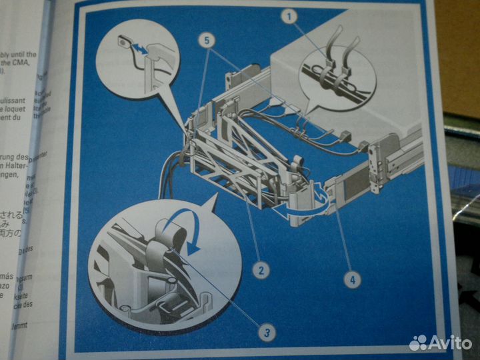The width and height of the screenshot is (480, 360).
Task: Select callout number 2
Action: [x=261, y=270]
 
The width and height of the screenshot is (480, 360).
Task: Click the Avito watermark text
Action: [x=451, y=343]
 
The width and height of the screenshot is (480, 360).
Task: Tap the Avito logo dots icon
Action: [x=419, y=343]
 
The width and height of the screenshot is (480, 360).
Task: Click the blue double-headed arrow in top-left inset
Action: [x=138, y=49]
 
